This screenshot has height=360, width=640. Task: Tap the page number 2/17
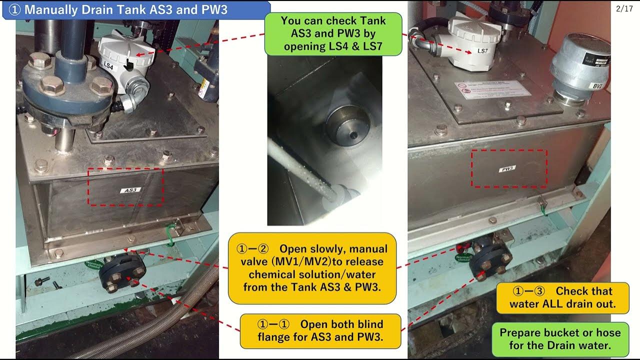(624, 8)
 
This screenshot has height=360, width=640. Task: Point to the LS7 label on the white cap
(482, 51)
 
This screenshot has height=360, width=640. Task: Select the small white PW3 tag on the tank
(507, 169)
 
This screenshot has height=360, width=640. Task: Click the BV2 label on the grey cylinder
(597, 85)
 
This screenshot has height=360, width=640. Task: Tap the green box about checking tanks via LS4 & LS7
(333, 34)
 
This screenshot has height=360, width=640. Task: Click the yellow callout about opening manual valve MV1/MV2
(312, 267)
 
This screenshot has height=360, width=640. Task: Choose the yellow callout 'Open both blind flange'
(320, 330)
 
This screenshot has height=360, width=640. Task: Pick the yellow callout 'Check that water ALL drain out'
(562, 297)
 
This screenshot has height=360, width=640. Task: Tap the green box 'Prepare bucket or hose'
(560, 338)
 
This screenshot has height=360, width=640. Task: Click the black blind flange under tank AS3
(122, 273)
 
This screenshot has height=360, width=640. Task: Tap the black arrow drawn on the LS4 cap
(129, 63)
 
